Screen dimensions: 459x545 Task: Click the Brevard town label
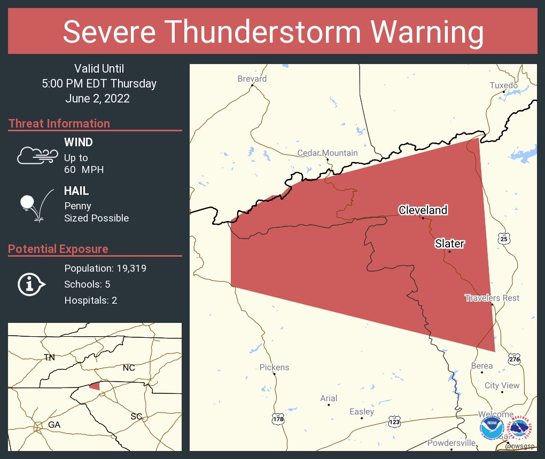(252, 78)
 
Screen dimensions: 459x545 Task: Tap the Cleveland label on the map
(423, 210)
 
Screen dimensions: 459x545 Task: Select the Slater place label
(449, 243)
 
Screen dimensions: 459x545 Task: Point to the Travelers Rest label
(492, 298)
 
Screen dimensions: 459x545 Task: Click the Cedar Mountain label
(328, 153)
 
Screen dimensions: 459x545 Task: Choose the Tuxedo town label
(504, 85)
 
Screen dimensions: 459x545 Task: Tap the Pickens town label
(274, 367)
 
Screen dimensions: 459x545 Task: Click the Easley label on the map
(362, 411)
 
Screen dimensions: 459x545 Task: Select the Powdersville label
(451, 443)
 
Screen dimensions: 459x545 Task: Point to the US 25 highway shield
(504, 239)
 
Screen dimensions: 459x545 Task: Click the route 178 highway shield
(277, 419)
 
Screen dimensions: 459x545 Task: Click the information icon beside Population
(31, 284)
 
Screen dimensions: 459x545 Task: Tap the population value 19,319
(128, 268)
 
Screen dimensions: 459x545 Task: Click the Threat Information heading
(59, 123)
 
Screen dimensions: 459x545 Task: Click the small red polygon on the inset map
(95, 386)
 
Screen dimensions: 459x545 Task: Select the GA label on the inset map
(54, 424)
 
